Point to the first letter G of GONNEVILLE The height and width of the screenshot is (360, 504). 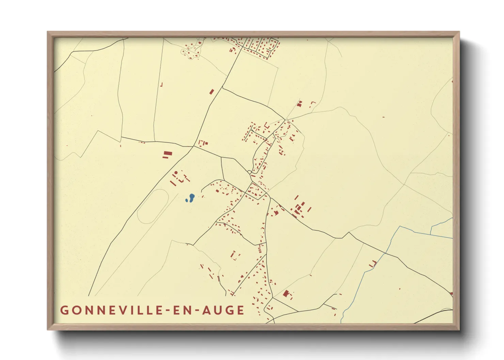[x=64, y=310]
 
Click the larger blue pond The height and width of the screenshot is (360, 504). [x=192, y=197]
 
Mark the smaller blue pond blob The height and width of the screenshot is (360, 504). [x=187, y=200]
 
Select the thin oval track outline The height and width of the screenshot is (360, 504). [x=153, y=206]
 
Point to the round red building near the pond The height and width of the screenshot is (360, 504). [x=176, y=173]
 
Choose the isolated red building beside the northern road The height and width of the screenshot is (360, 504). [x=211, y=92]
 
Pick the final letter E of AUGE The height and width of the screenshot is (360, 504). [x=241, y=310]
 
